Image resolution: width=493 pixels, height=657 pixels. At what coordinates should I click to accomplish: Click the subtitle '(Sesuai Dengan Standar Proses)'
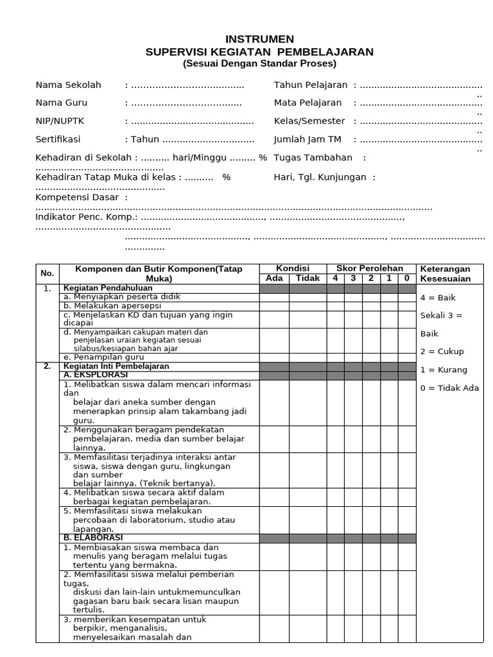259,64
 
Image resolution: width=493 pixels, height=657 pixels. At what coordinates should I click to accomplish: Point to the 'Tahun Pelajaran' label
311,85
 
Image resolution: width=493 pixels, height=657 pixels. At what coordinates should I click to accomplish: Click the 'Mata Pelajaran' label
307,103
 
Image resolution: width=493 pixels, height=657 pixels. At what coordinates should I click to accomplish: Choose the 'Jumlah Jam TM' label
307,139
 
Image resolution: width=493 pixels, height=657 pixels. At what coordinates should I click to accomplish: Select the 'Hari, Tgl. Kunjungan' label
320,177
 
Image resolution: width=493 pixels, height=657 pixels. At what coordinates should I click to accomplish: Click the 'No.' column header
48,273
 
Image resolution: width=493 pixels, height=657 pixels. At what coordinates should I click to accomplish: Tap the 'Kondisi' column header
293,268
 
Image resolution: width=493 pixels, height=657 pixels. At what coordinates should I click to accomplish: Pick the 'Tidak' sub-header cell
307,278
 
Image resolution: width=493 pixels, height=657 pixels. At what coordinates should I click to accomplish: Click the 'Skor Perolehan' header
374,268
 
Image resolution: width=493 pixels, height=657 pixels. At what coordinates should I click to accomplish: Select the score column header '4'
335,278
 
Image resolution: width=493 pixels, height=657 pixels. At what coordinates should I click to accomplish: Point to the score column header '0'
407,278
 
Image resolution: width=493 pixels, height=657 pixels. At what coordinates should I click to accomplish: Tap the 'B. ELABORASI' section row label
93,537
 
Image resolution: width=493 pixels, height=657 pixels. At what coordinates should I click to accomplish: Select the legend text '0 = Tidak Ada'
449,388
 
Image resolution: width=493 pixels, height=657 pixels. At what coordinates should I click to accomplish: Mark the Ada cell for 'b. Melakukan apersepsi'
274,307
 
